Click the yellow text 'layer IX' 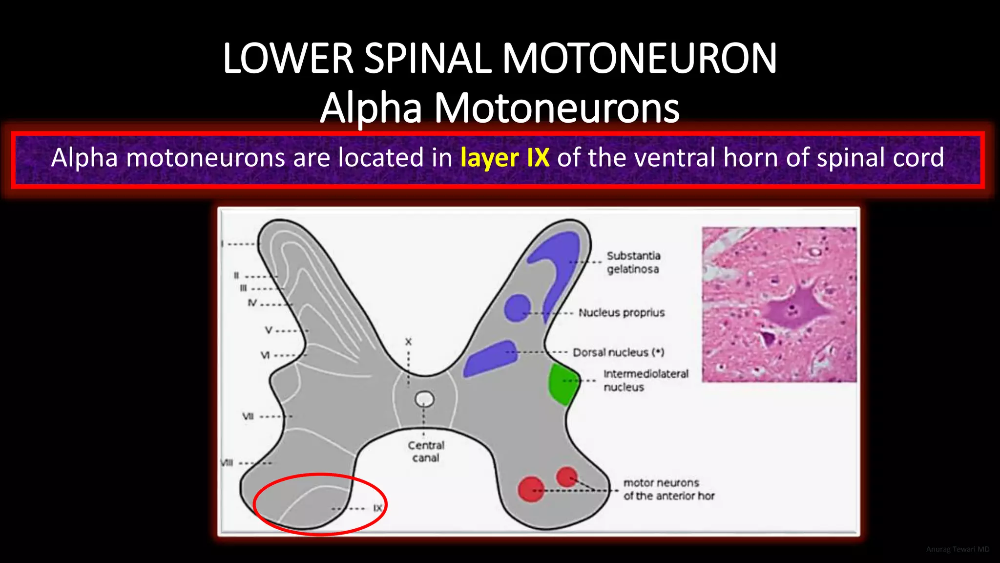[504, 158]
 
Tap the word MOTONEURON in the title [639, 59]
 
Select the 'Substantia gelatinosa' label [633, 262]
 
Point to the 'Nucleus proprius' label [622, 313]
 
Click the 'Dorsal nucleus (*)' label [618, 352]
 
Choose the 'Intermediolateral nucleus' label [646, 380]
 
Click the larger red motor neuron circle [531, 489]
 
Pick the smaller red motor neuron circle [567, 476]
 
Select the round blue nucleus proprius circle [517, 308]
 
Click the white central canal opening [424, 399]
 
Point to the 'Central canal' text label [426, 452]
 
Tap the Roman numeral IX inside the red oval [377, 508]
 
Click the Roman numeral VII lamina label [248, 416]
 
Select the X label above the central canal [408, 342]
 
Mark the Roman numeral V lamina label [269, 330]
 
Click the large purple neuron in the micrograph [793, 308]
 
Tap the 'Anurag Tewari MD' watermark [958, 549]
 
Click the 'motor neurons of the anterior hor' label [668, 489]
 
